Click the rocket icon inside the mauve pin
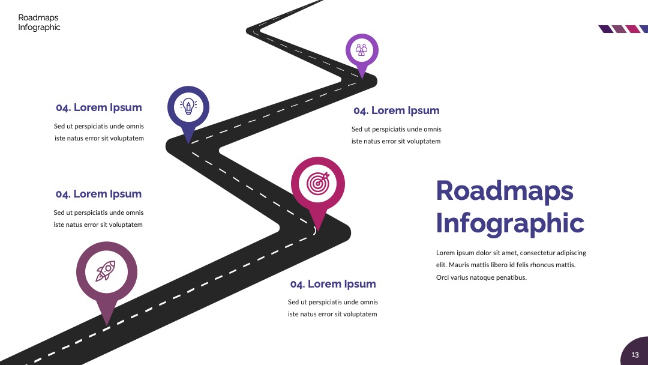[106, 271]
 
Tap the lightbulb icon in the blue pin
[188, 106]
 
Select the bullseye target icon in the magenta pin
[318, 183]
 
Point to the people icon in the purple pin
[362, 50]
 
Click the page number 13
[635, 355]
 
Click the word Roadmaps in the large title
[505, 191]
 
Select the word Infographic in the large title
[510, 224]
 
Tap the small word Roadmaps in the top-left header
[38, 17]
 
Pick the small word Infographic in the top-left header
[39, 27]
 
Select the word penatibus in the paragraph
[511, 277]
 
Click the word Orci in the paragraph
[443, 277]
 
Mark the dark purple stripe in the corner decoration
[606, 29]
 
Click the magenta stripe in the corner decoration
[633, 29]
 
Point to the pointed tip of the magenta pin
[318, 232]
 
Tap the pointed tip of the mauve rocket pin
[107, 325]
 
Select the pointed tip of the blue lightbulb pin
[188, 144]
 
